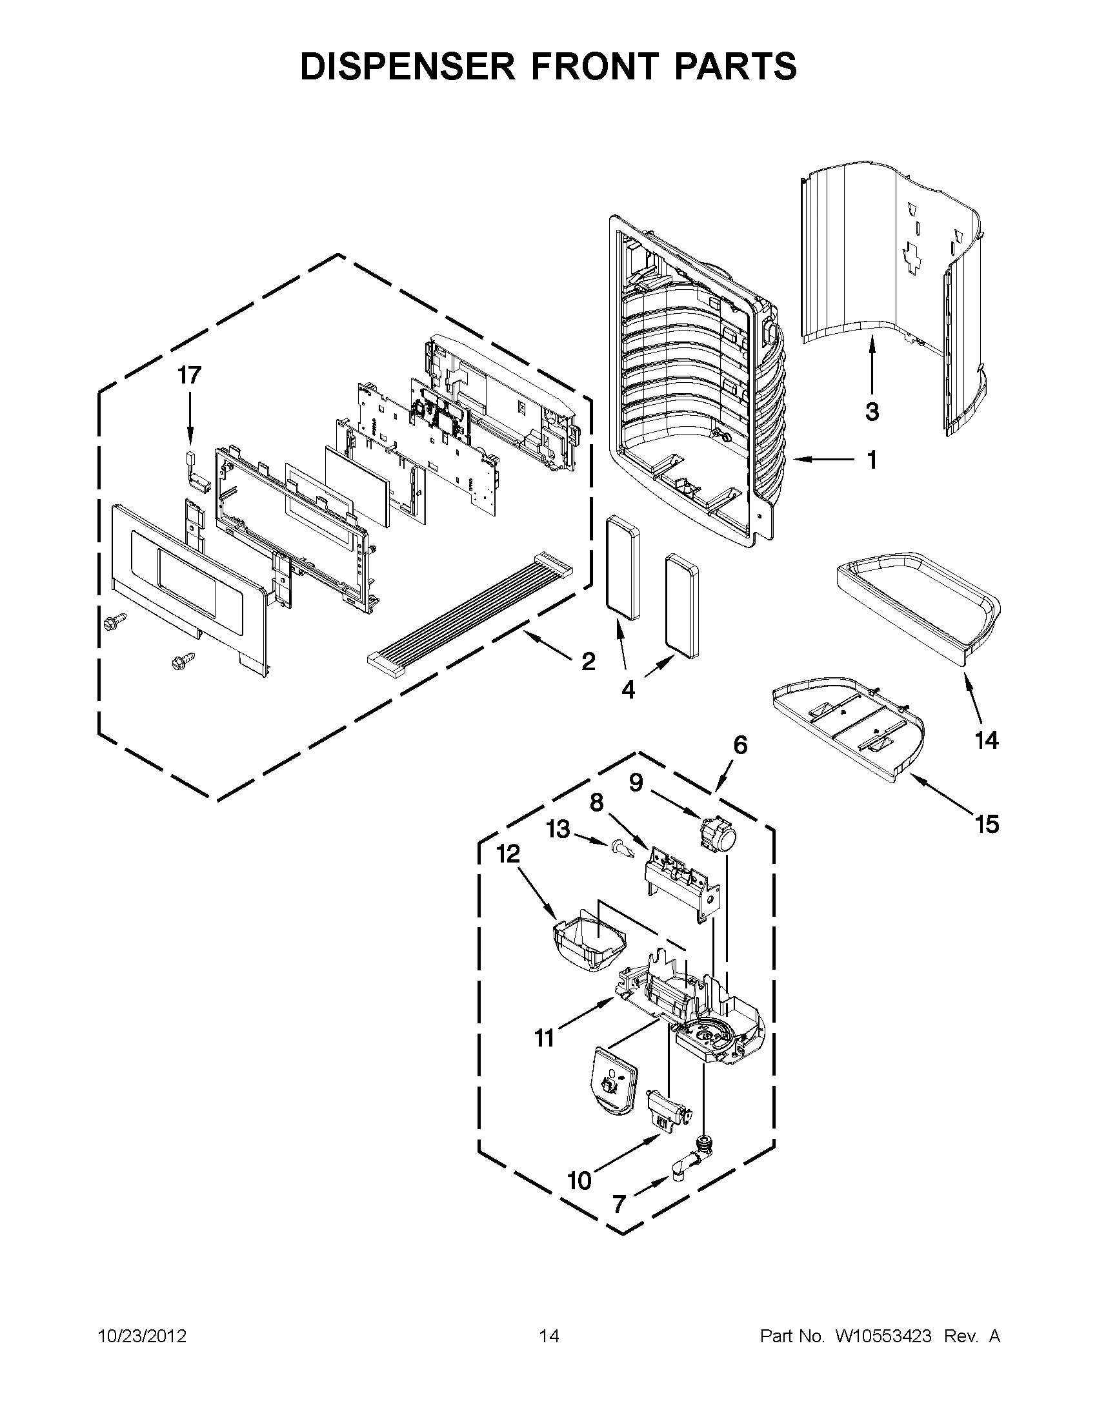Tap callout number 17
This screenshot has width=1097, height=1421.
190,375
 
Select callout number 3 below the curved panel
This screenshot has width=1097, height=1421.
872,411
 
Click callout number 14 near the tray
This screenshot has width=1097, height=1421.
986,740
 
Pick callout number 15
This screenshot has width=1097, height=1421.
987,824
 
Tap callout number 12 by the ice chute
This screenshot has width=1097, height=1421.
508,854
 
